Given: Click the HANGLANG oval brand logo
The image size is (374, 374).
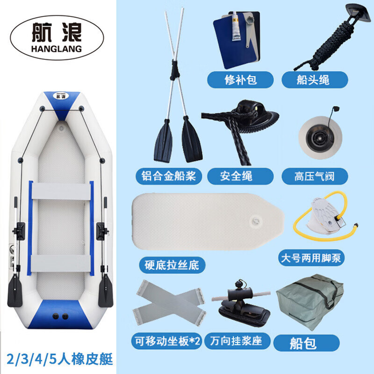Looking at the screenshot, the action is (57, 38).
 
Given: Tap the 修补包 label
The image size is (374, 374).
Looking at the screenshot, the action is (240, 80).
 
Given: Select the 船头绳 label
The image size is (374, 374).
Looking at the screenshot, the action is (315, 80).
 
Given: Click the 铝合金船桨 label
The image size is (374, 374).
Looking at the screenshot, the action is (169, 176).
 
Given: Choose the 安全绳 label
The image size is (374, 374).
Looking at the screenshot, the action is (240, 176).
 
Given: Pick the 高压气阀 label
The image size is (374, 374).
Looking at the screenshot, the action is (315, 176).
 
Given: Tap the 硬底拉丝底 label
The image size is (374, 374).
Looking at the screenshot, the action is (172, 265).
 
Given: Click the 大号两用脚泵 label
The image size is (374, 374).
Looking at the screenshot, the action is (311, 258).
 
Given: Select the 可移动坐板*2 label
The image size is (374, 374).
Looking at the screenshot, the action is (167, 341).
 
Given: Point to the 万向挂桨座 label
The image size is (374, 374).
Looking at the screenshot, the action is (237, 341).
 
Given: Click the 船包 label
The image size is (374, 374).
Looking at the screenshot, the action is (306, 343).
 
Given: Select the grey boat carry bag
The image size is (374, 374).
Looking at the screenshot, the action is (309, 302).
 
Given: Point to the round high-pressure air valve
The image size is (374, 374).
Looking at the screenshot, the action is (320, 137).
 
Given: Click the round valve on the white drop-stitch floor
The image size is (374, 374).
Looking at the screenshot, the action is (255, 221).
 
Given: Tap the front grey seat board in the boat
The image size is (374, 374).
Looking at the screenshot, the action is (61, 191).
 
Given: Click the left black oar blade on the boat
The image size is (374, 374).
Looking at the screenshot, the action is (15, 290).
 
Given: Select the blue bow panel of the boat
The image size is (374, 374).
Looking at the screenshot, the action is (62, 105).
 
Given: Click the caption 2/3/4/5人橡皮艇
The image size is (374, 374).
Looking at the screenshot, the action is (60, 360).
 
